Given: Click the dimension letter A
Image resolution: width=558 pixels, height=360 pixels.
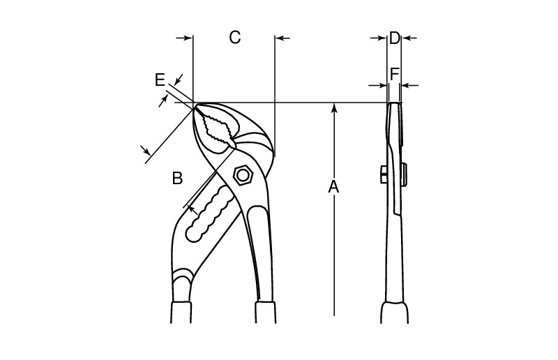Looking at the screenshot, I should tap(334, 187).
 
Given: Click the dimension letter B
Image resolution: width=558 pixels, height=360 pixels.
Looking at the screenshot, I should tap(177, 179).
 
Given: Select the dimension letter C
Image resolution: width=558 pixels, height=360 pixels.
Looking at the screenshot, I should tap(235, 38).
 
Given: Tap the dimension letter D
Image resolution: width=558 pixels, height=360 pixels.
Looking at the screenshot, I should tap(394, 38).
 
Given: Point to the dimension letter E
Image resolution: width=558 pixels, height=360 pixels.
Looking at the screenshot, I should tap(160, 80).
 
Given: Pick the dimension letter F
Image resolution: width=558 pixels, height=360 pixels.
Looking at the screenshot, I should tap(395, 73).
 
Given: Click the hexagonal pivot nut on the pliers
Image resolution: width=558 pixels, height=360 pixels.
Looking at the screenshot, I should tap(243, 174).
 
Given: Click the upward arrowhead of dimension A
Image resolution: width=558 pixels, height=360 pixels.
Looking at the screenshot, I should tap(335, 107).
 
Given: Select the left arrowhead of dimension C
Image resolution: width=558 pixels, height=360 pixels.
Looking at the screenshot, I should tap(188, 38).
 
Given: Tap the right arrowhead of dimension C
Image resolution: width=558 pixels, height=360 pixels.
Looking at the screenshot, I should tap(280, 38).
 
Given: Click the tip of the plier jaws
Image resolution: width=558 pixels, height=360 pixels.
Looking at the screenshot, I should tap(195, 107).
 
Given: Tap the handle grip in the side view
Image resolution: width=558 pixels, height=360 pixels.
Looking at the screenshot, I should tap(394, 311).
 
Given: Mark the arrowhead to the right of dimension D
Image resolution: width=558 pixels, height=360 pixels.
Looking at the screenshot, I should tap(407, 38).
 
